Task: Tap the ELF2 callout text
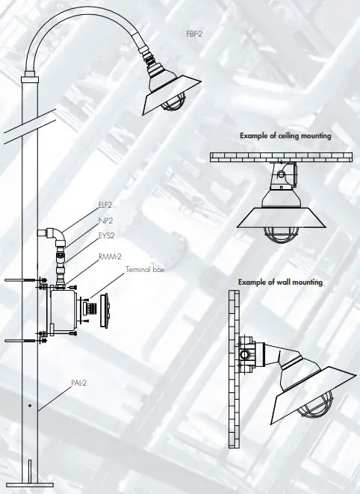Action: (105, 203)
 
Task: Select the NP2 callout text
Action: (105, 220)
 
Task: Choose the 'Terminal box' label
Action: (144, 269)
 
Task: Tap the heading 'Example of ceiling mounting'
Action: (285, 136)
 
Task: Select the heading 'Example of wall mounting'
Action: (280, 282)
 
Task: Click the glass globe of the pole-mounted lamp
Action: (173, 105)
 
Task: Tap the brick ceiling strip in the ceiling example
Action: (281, 157)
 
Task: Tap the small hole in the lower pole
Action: (28, 406)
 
